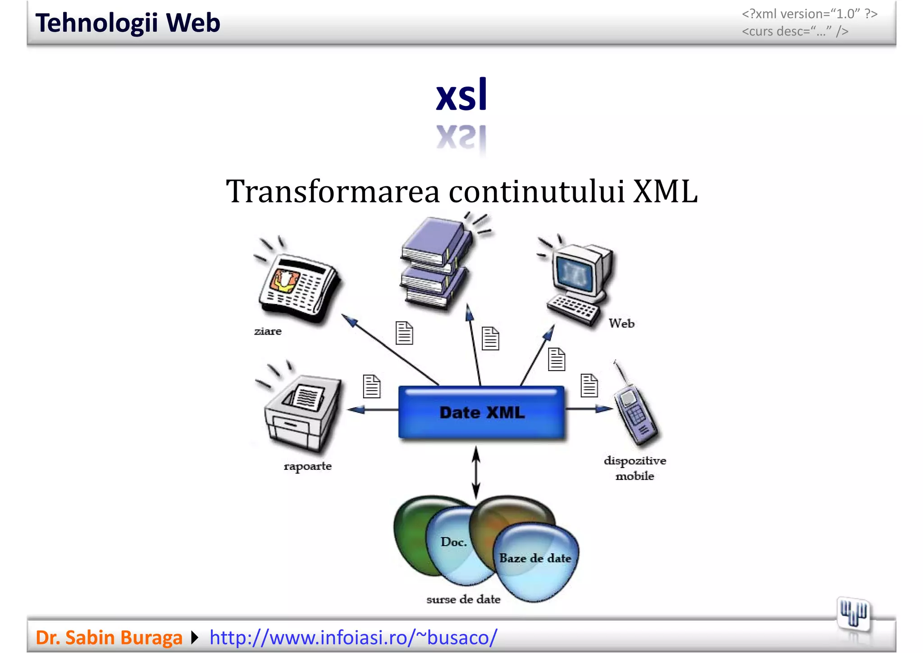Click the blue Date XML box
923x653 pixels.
click(481, 412)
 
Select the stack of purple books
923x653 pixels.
click(435, 264)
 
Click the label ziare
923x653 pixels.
click(268, 331)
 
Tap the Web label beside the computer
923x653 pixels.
click(621, 323)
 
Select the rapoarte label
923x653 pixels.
click(308, 466)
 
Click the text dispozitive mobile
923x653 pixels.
click(635, 468)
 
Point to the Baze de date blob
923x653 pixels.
click(535, 559)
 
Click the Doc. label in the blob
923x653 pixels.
click(453, 542)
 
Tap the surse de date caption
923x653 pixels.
click(463, 599)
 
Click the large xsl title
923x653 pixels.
click(461, 95)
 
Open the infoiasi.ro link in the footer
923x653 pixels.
click(353, 637)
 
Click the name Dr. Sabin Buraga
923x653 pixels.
click(109, 637)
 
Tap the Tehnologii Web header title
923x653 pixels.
click(128, 23)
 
